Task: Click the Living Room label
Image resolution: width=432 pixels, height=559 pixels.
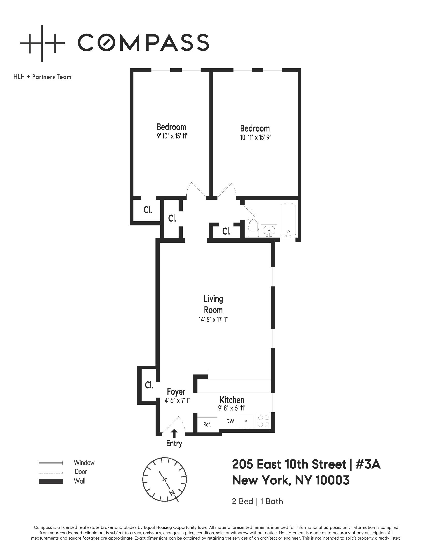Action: (x=213, y=304)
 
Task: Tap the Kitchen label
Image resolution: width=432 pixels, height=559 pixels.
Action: (x=232, y=400)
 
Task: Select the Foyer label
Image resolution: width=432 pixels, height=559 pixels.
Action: (x=176, y=392)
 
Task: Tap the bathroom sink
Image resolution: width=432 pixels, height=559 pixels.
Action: (x=269, y=230)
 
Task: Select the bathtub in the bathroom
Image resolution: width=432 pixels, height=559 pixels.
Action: (x=288, y=220)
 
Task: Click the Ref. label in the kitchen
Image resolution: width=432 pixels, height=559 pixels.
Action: (x=207, y=424)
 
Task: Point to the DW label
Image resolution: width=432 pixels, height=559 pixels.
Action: (x=230, y=421)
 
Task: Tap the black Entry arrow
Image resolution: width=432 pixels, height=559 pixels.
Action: (x=175, y=433)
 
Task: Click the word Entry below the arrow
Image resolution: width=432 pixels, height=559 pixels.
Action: (x=174, y=443)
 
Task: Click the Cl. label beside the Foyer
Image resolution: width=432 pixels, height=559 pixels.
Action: (x=149, y=385)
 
